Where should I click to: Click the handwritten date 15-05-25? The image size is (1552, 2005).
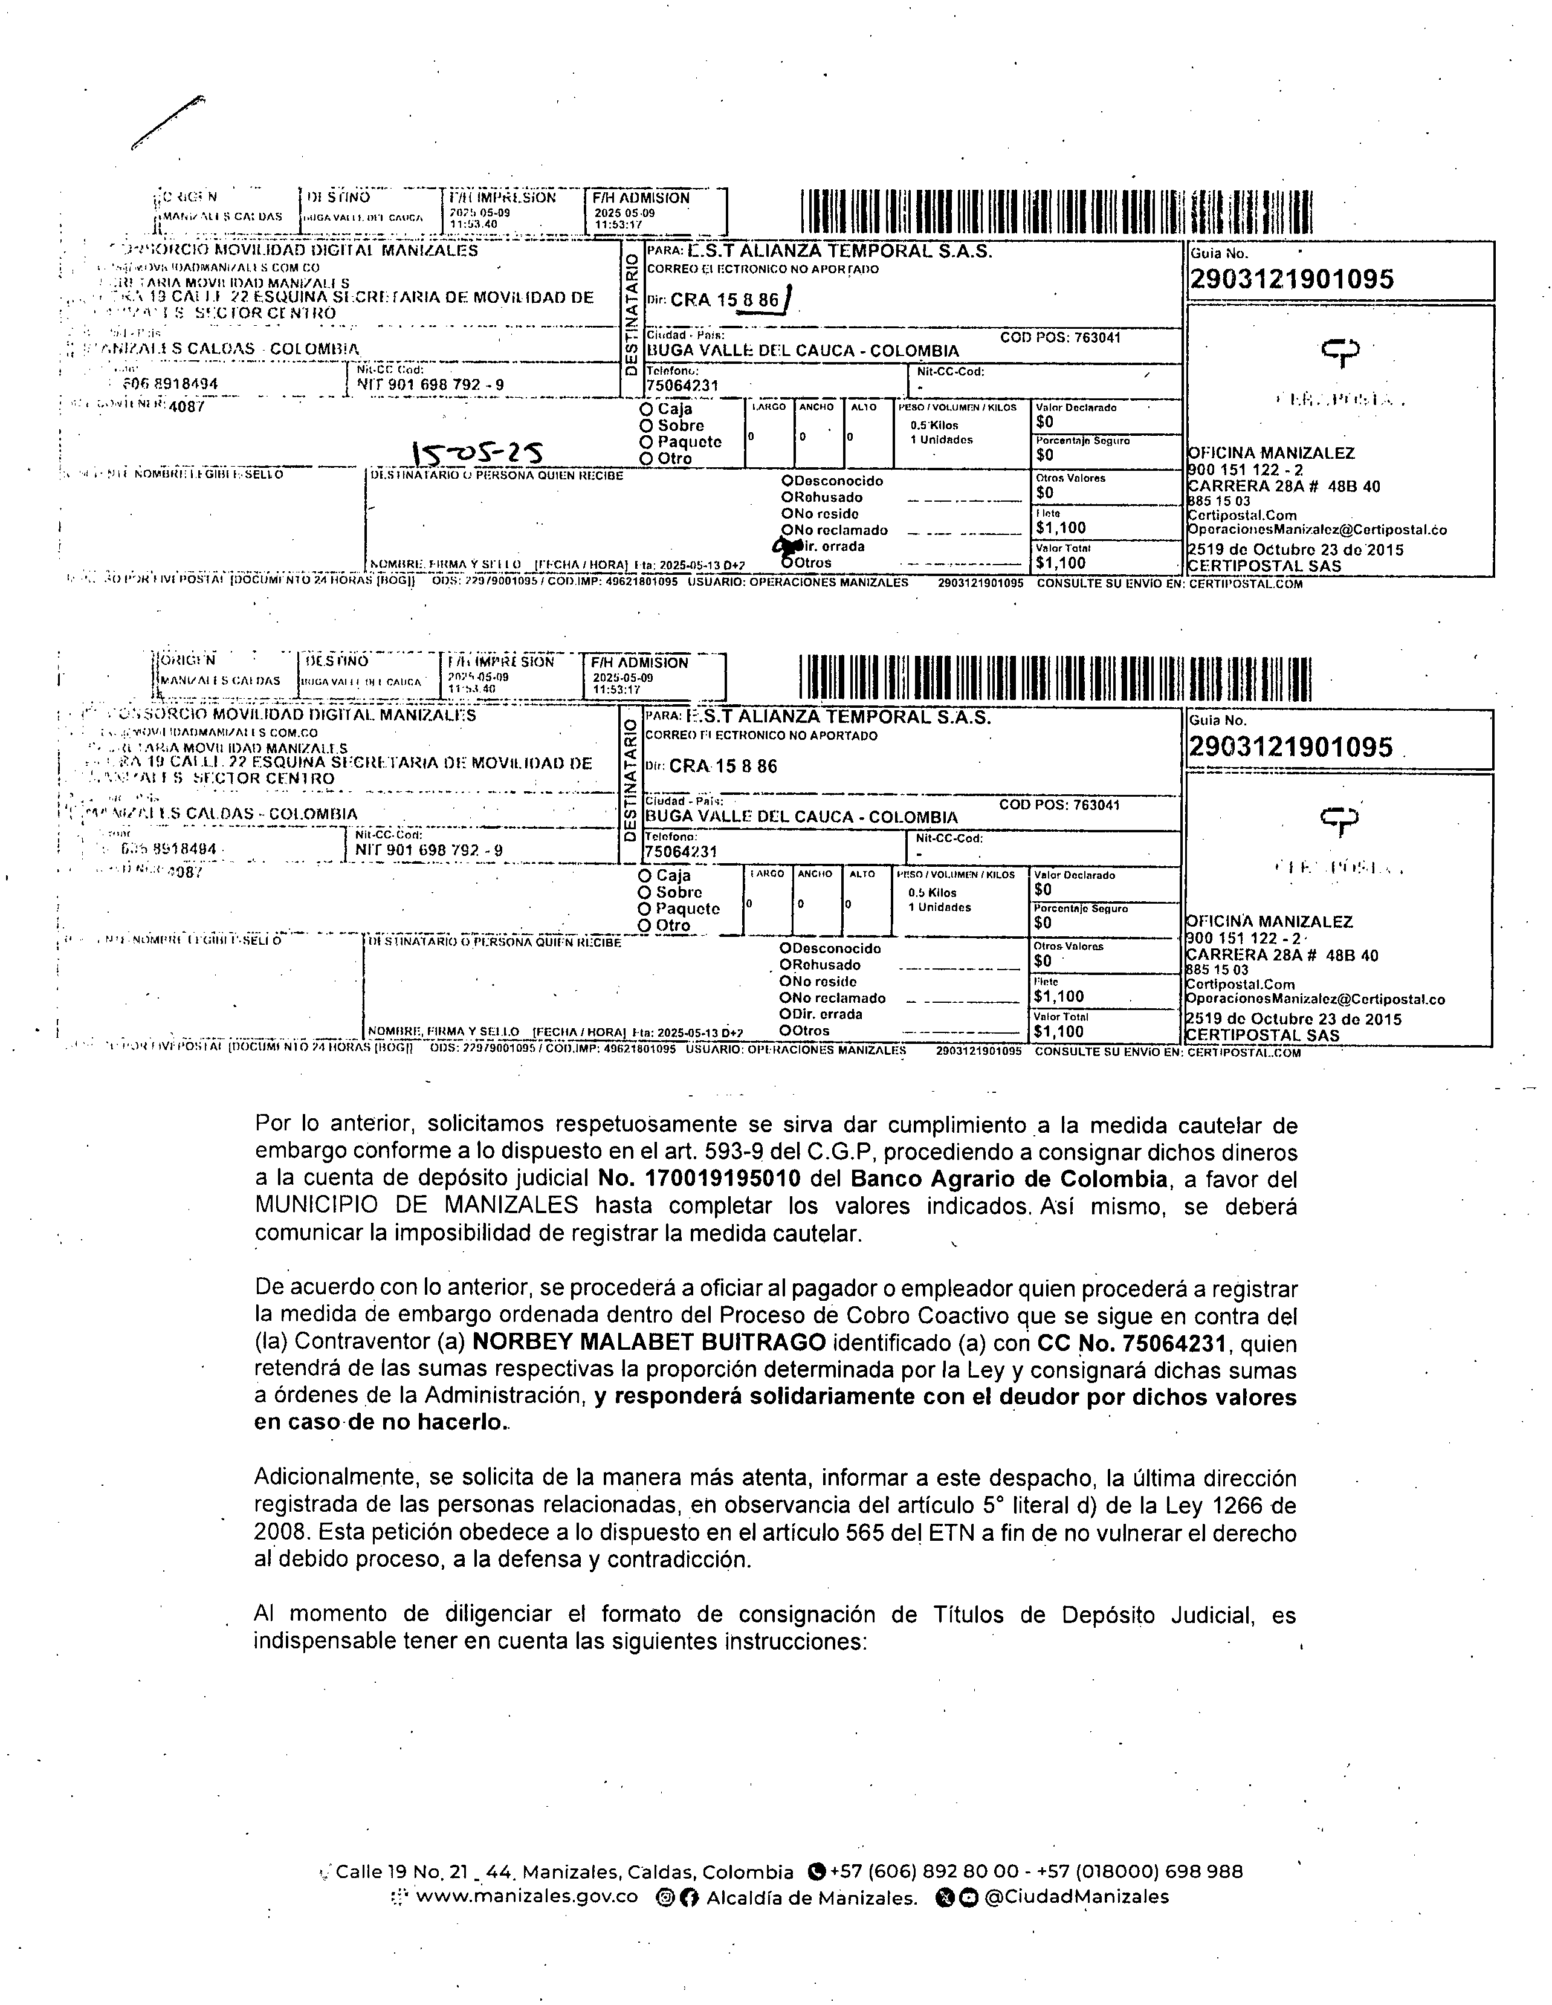477,451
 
